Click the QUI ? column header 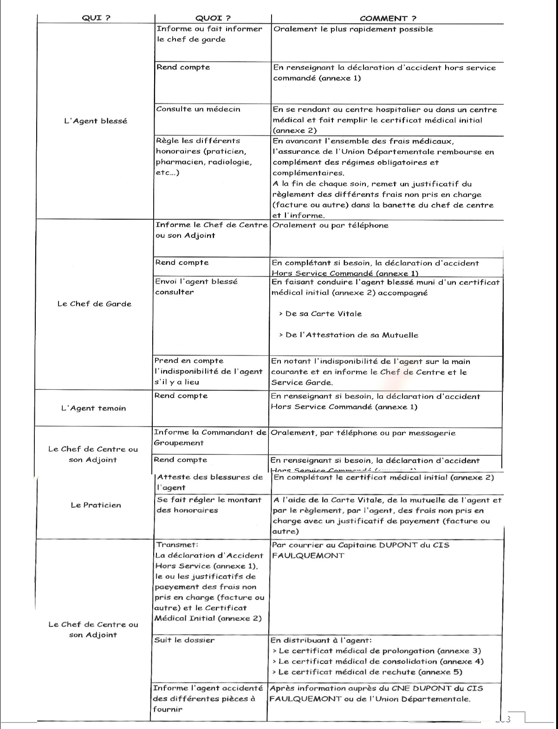(96, 18)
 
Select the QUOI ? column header (213, 19)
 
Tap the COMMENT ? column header (388, 19)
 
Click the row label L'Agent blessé (96, 121)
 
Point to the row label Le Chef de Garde (94, 304)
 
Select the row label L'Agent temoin (94, 408)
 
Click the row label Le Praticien (96, 505)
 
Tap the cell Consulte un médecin (198, 109)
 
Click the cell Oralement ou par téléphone (330, 225)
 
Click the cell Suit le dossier (184, 640)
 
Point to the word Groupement (179, 443)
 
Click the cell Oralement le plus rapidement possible (353, 29)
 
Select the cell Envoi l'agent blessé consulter (196, 287)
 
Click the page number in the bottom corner (507, 719)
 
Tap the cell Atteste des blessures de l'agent (210, 482)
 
